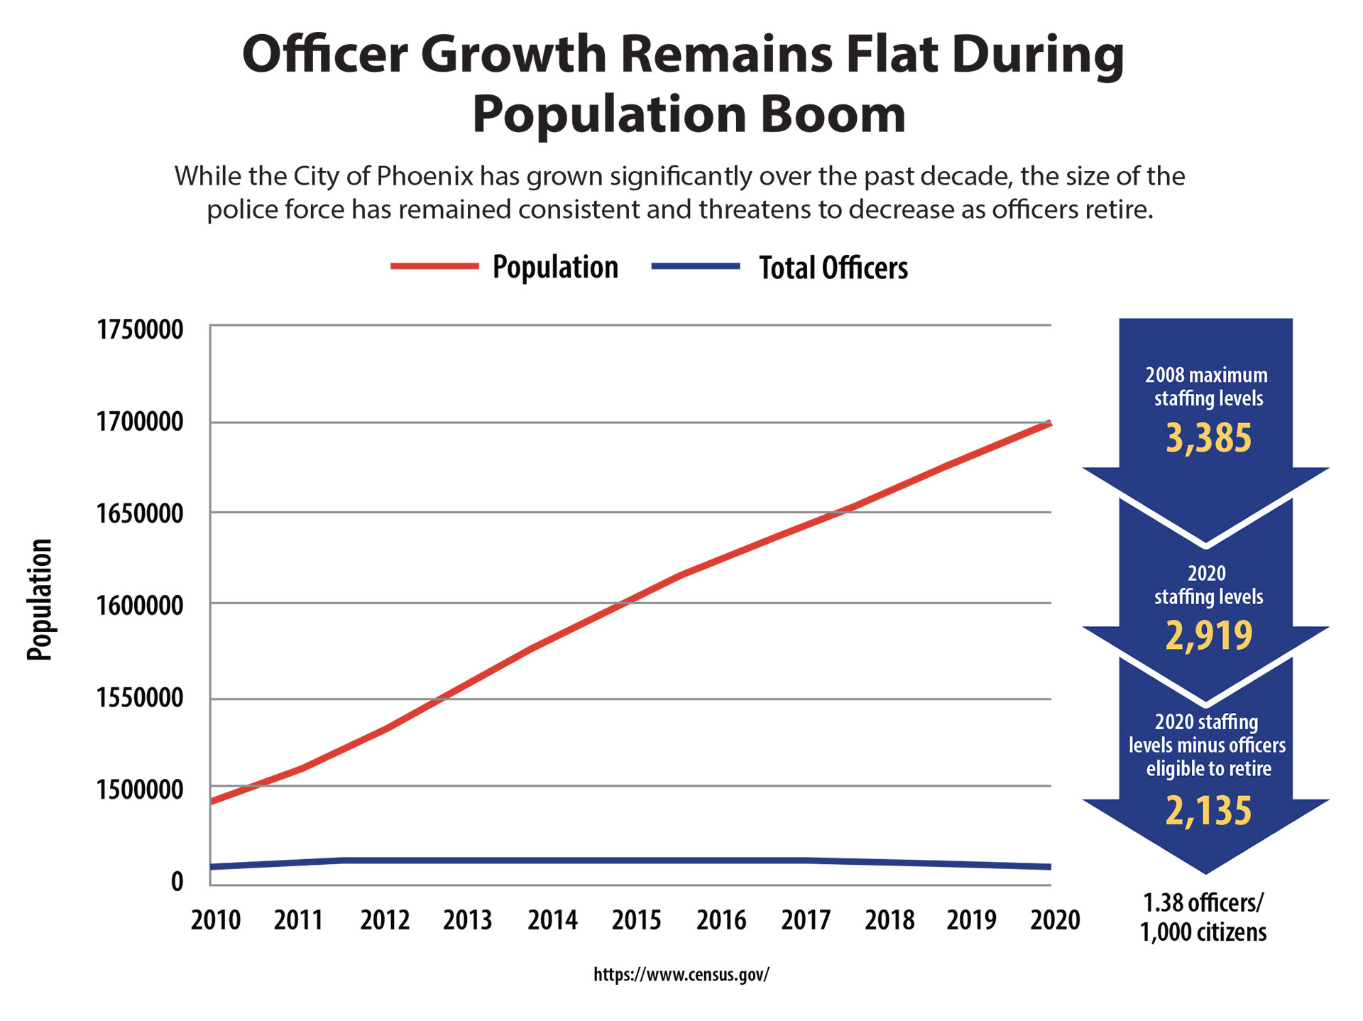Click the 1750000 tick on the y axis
click(x=140, y=329)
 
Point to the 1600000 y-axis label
click(x=140, y=606)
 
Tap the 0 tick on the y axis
click(x=177, y=881)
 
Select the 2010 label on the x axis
click(x=216, y=920)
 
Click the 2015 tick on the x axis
click(x=637, y=920)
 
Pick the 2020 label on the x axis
click(x=1055, y=920)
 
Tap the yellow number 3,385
click(x=1208, y=438)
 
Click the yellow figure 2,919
click(x=1208, y=635)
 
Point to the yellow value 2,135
click(x=1208, y=811)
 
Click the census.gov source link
click(x=681, y=974)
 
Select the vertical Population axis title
click(x=40, y=600)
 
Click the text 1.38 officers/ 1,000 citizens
click(x=1203, y=917)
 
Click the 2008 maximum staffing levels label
click(x=1208, y=387)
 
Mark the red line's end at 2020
click(x=1049, y=424)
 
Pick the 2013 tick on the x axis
click(x=468, y=920)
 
